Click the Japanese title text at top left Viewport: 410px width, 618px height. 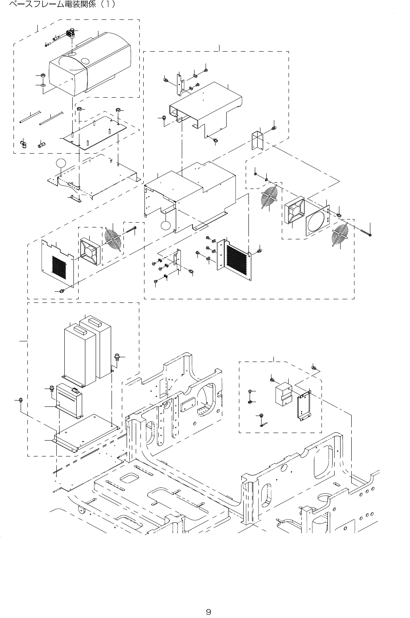point(60,6)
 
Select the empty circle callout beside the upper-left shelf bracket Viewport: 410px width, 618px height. point(61,163)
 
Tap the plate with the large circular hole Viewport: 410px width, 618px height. point(319,219)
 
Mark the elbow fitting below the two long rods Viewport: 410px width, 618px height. point(24,142)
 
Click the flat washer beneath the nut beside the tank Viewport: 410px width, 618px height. point(42,85)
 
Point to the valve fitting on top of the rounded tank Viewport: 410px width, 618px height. point(72,33)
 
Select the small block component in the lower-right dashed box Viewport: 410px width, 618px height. point(284,394)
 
